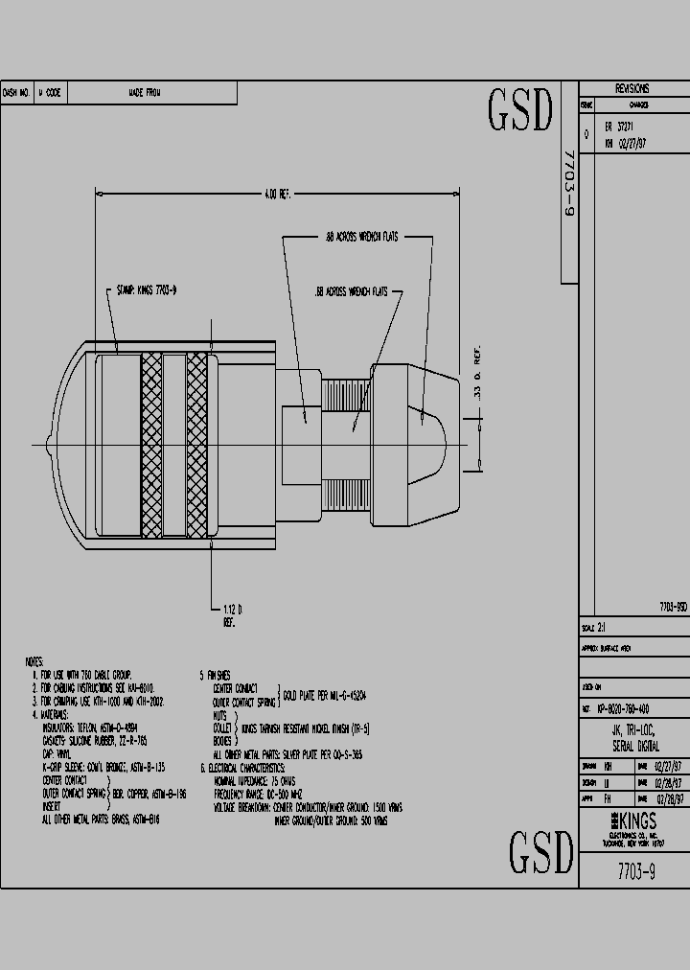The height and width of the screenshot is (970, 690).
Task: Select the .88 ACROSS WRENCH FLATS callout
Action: click(x=359, y=235)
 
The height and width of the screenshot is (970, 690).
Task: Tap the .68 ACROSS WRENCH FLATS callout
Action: click(x=351, y=290)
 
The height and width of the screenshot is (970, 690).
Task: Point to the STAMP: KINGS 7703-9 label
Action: click(x=146, y=289)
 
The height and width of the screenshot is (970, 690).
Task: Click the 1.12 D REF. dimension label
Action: click(x=230, y=614)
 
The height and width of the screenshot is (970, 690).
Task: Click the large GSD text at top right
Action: click(x=521, y=111)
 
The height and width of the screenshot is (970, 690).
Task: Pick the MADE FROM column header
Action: click(x=145, y=93)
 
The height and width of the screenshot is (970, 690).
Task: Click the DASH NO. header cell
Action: click(x=17, y=93)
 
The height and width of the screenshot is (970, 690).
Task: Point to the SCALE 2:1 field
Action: click(x=595, y=628)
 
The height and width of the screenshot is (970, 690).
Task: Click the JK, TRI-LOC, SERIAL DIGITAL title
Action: click(x=635, y=738)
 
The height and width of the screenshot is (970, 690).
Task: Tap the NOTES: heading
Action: click(x=35, y=662)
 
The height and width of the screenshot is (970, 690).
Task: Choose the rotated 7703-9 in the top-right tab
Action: click(x=568, y=182)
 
